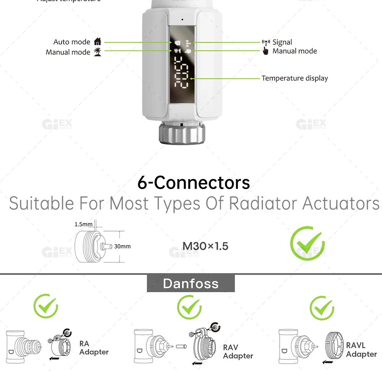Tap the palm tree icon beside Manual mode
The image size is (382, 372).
point(98,52)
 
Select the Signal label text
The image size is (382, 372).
point(282,42)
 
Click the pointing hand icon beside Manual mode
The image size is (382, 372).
point(265,51)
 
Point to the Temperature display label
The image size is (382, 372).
point(295,78)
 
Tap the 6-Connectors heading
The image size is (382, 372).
point(194,183)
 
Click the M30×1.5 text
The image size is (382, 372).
point(205,246)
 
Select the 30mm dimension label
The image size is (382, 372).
point(122,246)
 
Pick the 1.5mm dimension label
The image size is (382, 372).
point(84,224)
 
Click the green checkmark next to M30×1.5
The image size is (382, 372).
point(307,243)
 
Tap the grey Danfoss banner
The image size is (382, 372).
point(191,283)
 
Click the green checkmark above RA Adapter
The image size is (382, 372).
point(45,306)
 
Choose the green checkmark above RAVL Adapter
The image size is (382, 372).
point(322,308)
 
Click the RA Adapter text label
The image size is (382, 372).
point(94,348)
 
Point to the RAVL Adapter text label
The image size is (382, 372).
point(361,349)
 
